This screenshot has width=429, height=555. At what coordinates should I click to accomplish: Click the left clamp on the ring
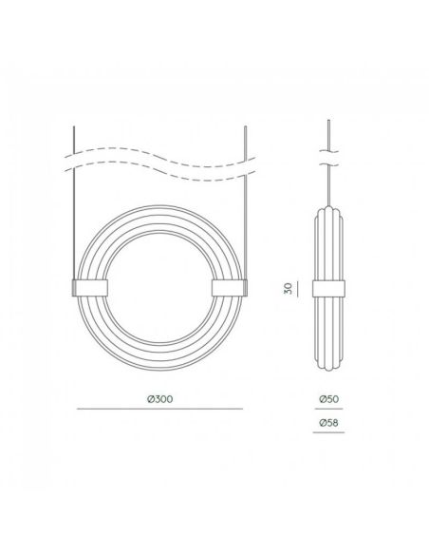(x=90, y=288)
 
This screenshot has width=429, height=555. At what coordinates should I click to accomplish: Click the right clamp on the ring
(x=228, y=288)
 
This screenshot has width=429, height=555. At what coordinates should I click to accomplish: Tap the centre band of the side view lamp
(x=326, y=288)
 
